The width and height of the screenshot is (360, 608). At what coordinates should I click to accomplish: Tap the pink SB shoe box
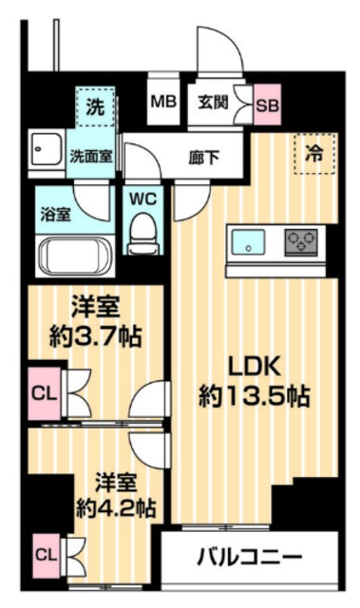point(268,104)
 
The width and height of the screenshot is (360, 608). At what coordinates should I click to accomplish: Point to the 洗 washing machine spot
point(95,107)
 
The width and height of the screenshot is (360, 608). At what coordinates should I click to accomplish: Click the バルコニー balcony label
point(250,556)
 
